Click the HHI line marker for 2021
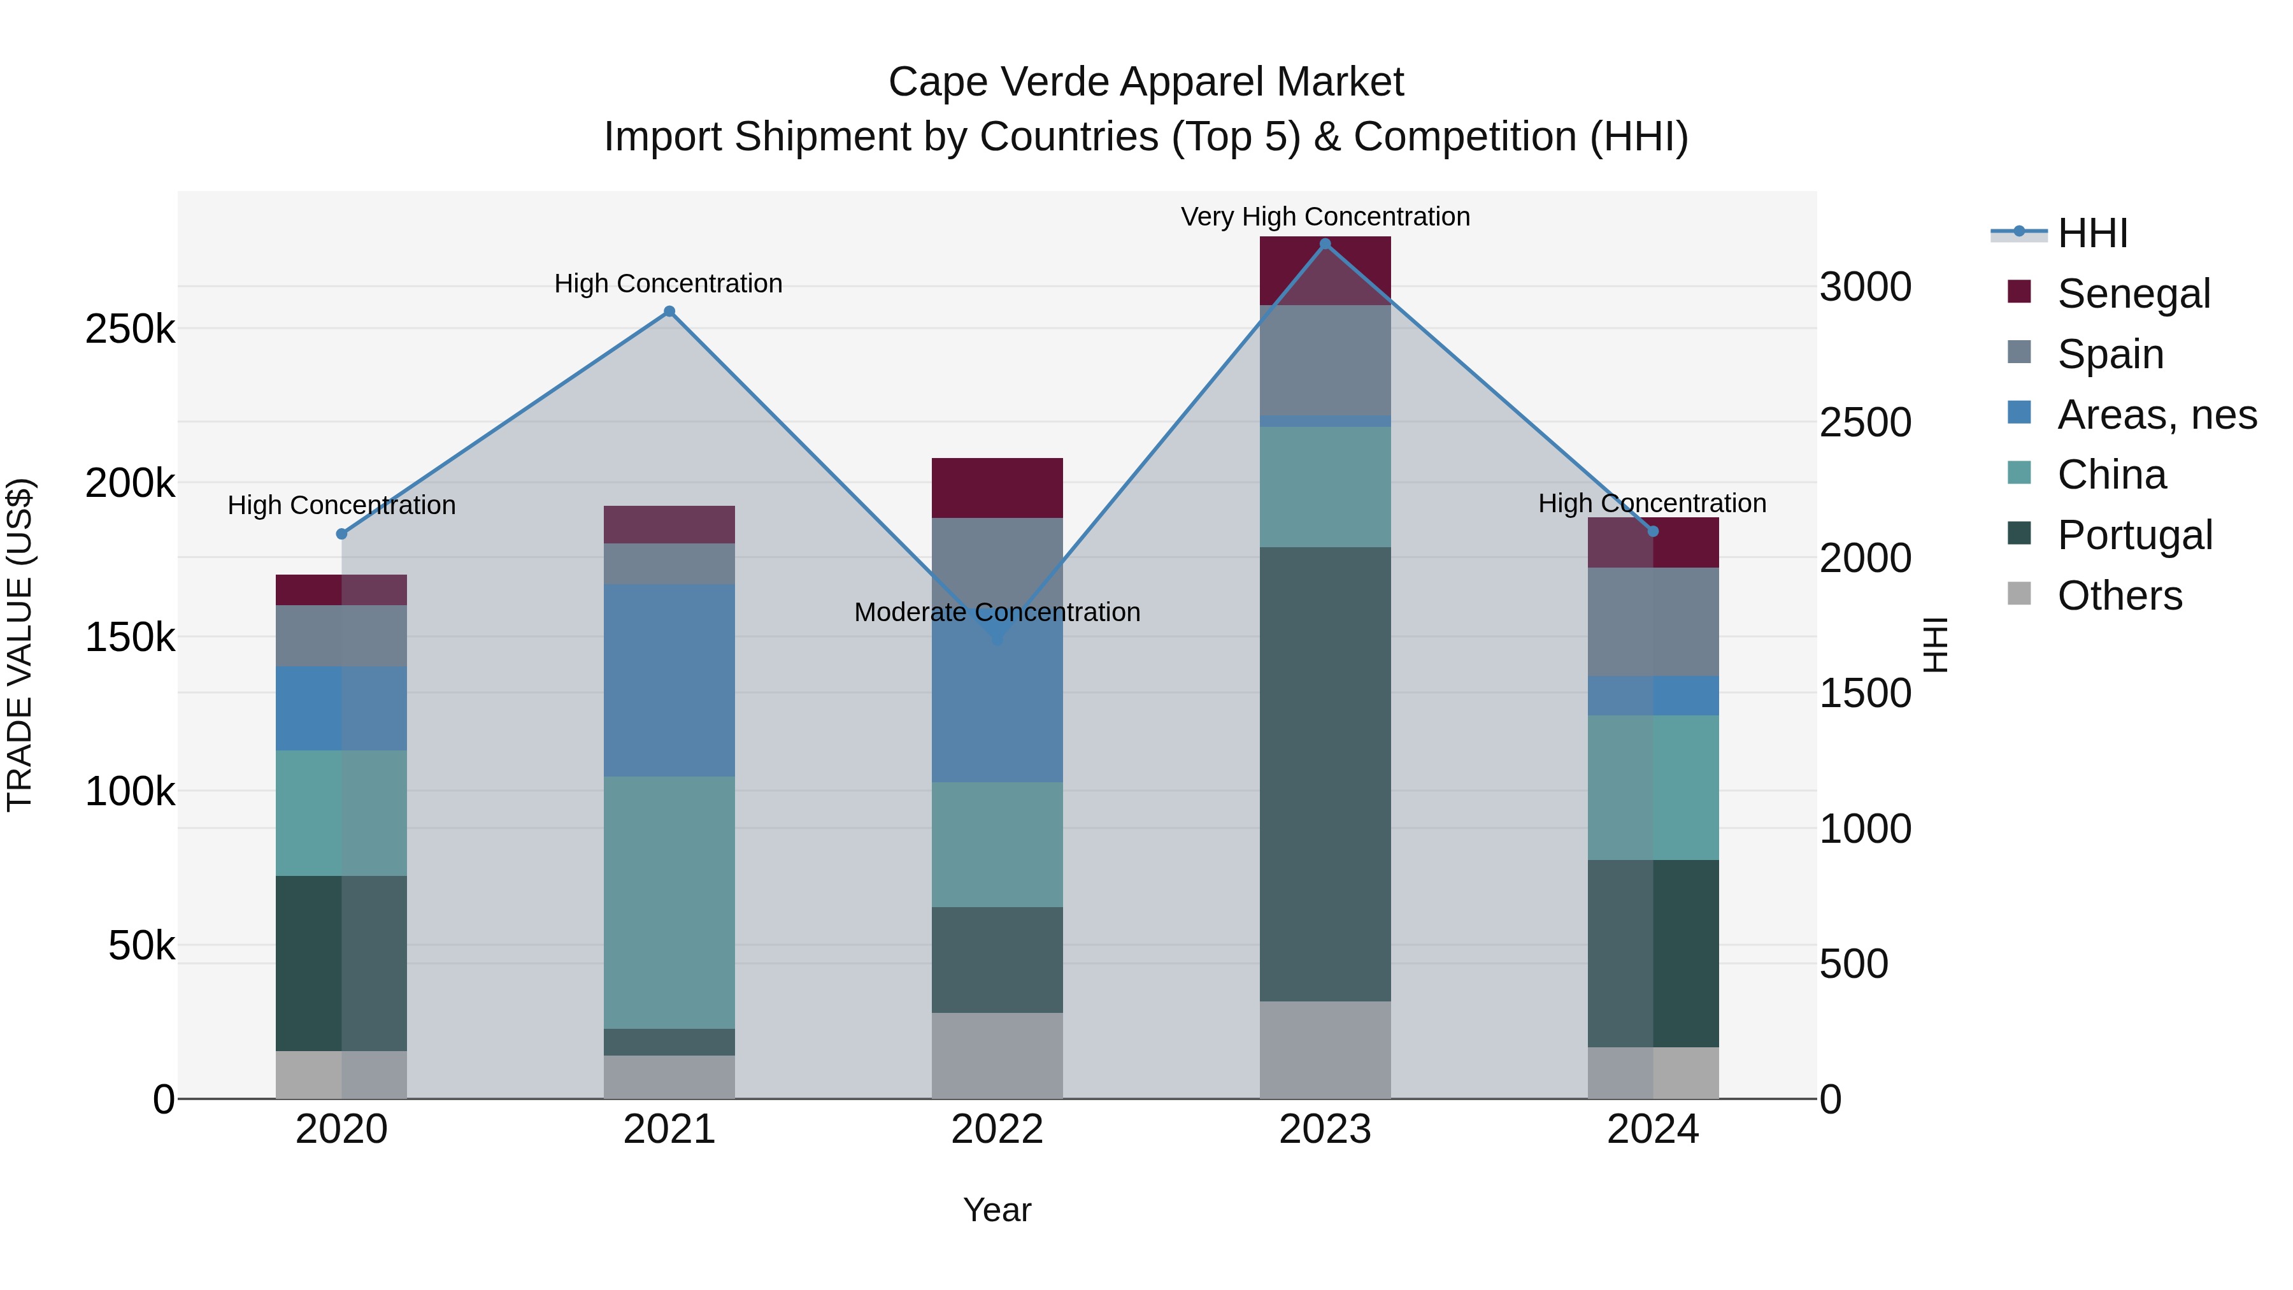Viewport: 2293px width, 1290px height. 669,312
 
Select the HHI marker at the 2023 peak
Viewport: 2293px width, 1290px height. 1325,244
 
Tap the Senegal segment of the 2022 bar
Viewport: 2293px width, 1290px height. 997,488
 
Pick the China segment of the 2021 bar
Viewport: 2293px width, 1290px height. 669,902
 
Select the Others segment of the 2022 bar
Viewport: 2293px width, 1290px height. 997,1055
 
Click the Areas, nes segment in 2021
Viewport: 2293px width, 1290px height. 669,680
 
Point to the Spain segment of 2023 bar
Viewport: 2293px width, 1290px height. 1325,360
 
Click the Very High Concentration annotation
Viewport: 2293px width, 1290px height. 1325,217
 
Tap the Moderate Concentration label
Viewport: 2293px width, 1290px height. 997,612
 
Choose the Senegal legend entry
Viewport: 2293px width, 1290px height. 2132,294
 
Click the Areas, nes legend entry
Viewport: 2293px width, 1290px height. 2156,415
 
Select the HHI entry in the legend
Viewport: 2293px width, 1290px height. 2092,233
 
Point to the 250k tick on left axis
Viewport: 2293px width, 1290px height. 130,329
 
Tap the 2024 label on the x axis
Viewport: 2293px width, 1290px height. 1652,1129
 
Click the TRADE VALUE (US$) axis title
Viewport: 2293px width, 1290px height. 20,645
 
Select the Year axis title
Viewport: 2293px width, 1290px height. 997,1210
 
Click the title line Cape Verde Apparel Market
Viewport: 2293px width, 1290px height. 1146,82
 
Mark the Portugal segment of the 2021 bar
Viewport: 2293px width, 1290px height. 669,1042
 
